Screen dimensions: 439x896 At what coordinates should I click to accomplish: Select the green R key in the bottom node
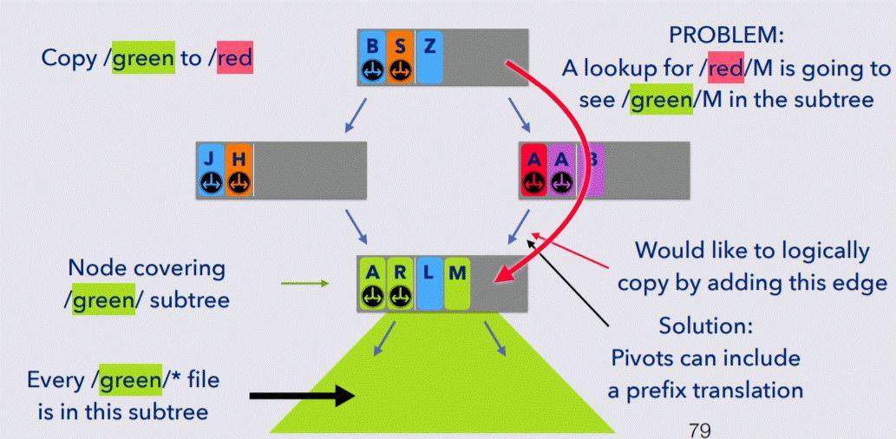pos(399,283)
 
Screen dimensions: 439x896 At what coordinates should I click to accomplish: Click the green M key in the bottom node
pos(456,283)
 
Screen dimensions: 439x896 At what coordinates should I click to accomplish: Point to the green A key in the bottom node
pos(373,283)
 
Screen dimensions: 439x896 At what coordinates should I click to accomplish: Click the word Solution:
pos(704,329)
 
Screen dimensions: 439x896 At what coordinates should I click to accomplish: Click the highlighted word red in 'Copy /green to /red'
pos(234,59)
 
